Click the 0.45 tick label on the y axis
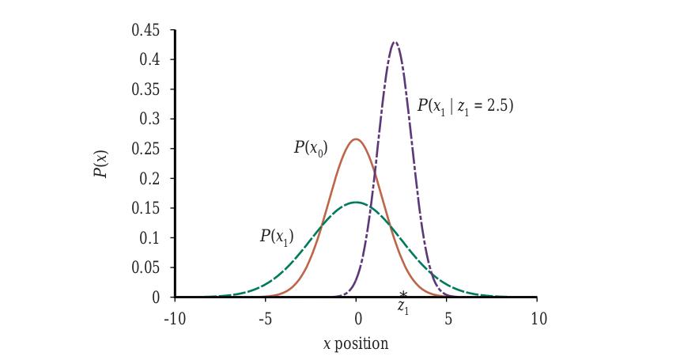click(145, 30)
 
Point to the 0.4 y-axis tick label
click(149, 60)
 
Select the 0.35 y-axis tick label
click(145, 89)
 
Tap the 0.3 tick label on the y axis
click(149, 119)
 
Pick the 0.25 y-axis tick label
click(145, 149)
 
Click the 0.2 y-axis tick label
click(149, 179)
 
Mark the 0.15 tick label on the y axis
click(145, 208)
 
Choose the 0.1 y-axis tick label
click(149, 238)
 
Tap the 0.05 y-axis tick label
click(145, 267)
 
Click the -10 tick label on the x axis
click(174, 319)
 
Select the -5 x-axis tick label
click(265, 319)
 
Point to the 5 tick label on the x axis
click(448, 319)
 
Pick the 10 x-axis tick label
click(538, 319)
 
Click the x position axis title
click(356, 344)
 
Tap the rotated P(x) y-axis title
click(101, 163)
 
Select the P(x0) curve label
click(311, 147)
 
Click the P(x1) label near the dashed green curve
click(277, 237)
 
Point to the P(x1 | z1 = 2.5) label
click(465, 106)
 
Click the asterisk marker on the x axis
click(403, 294)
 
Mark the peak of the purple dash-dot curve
click(394, 42)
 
